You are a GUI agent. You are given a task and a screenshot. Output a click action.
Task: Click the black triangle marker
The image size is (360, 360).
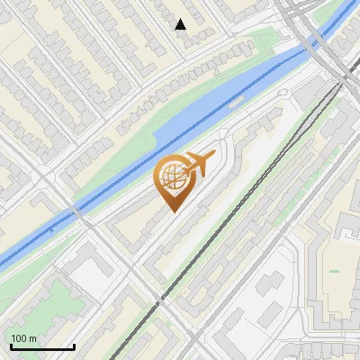pyautogui.click(x=181, y=24)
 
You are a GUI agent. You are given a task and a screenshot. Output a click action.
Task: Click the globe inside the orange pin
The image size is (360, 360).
pyautogui.click(x=171, y=177)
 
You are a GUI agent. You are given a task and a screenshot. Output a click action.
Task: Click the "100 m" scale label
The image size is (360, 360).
pyautogui.click(x=23, y=338)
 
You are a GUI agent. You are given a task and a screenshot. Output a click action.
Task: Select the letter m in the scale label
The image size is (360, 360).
pyautogui.click(x=32, y=338)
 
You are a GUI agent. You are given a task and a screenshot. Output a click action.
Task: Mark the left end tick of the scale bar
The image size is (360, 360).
pyautogui.click(x=11, y=346)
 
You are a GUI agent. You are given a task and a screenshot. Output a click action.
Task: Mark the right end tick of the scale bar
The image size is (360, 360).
pyautogui.click(x=74, y=346)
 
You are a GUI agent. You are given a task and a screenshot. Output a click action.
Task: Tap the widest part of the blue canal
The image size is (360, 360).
pyautogui.click(x=180, y=135)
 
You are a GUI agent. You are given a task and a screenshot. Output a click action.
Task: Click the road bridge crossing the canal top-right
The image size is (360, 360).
pyautogui.click(x=314, y=40)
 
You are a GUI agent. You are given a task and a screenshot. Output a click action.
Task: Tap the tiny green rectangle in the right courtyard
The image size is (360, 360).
pyautogui.click(x=335, y=270)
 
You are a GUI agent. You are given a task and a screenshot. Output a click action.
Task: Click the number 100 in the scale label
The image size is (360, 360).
pyautogui.click(x=19, y=338)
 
